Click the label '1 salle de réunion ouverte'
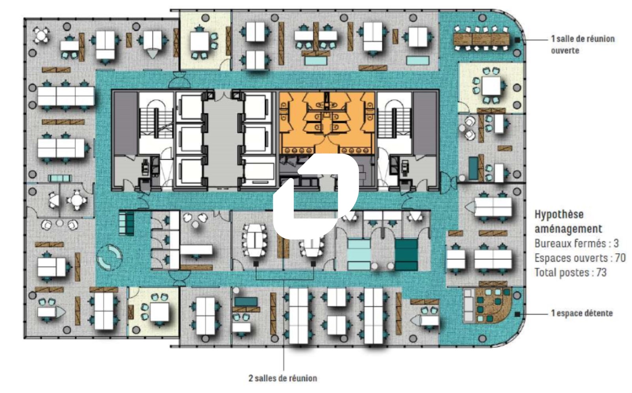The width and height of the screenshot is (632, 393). point(583,45)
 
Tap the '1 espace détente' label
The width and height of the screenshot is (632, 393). point(582,313)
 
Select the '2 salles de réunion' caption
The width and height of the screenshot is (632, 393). point(283,378)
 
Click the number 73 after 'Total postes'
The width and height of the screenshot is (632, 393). point(602,272)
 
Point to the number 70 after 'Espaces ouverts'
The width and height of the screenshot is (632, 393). point(620,258)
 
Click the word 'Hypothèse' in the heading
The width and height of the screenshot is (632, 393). point(559,214)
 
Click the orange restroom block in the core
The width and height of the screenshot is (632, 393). point(327,123)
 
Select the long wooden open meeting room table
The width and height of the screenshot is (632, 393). point(482,39)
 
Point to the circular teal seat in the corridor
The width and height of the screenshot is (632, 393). point(109,257)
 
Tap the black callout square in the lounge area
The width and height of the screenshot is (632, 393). point(517,314)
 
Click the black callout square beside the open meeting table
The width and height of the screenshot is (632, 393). point(517,40)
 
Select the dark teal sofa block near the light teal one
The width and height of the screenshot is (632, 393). point(406,255)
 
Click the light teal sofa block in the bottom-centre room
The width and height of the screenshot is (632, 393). point(359,255)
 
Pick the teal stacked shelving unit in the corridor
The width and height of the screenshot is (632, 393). point(126,223)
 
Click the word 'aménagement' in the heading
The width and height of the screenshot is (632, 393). point(568,229)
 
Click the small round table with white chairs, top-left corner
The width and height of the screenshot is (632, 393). point(41,35)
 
